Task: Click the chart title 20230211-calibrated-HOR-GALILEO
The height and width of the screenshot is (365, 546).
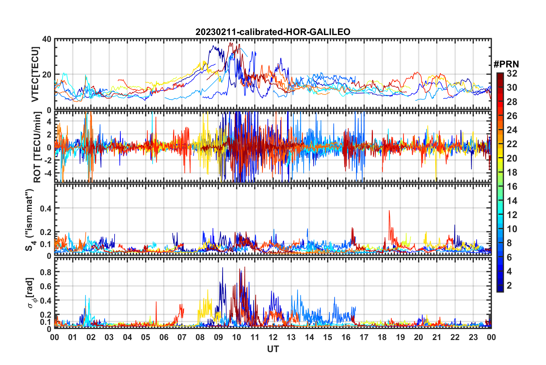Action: (273, 32)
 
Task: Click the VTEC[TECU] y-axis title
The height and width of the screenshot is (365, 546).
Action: (35, 74)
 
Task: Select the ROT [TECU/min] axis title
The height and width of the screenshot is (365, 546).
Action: (37, 147)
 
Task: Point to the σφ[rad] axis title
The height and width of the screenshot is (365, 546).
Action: (30, 293)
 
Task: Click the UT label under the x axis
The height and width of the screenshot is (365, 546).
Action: (273, 349)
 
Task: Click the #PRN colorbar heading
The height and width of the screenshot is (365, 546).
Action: (506, 64)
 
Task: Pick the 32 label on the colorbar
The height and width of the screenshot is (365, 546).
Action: (512, 73)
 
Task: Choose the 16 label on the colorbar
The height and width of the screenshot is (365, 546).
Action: (512, 187)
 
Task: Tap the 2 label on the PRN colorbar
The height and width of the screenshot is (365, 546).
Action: (509, 286)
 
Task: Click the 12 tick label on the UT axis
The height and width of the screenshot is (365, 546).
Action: (273, 337)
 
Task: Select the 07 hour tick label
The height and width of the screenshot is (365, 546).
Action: (182, 337)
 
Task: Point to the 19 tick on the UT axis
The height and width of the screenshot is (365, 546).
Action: (400, 337)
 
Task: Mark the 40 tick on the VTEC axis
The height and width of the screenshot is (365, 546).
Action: (47, 39)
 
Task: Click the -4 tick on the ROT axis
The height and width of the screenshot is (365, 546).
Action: (48, 173)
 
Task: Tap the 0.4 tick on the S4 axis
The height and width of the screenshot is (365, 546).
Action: (46, 208)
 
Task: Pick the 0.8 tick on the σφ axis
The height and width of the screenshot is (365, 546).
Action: (46, 272)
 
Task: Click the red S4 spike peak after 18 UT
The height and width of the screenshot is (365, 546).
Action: (389, 211)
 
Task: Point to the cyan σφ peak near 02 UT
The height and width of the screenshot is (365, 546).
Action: (85, 295)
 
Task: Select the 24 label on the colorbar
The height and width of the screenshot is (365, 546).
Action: (512, 130)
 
